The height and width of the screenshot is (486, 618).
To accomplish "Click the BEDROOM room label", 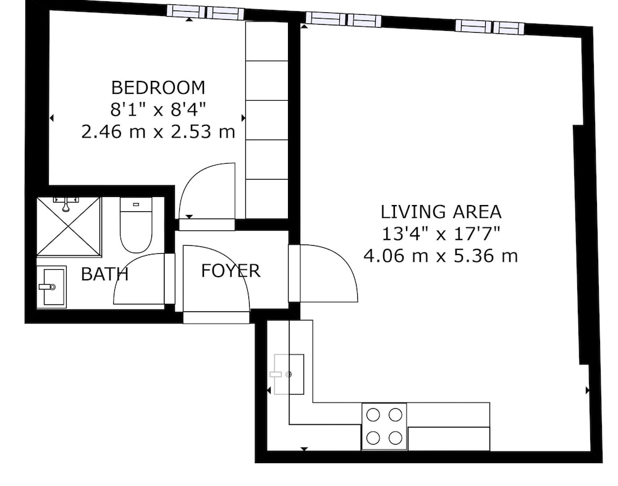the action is click(x=158, y=88).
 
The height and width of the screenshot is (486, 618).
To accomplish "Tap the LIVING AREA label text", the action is click(x=441, y=212).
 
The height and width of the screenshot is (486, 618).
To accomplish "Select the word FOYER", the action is click(x=231, y=271).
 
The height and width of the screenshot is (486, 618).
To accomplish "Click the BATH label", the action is click(x=104, y=274).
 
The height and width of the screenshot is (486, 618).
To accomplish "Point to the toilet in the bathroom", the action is click(x=136, y=225).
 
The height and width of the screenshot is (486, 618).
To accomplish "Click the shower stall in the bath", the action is click(x=69, y=227).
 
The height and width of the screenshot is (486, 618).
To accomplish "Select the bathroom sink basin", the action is click(x=51, y=287).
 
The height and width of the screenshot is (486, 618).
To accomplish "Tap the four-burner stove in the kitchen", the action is click(x=384, y=426).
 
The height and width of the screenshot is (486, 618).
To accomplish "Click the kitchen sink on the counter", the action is click(x=289, y=374).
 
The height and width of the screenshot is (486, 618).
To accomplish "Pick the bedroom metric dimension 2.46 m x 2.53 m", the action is click(x=158, y=132).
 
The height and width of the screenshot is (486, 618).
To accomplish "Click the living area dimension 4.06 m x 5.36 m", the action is click(x=440, y=256).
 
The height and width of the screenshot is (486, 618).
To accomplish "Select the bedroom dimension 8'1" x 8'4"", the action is click(x=158, y=109).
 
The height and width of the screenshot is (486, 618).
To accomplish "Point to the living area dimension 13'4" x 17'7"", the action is click(x=441, y=234).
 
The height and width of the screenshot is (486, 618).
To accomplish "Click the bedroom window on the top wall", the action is click(x=205, y=12).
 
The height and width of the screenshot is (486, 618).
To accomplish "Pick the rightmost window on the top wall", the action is click(x=490, y=27).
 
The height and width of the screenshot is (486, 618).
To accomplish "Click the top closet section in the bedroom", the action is click(x=267, y=41).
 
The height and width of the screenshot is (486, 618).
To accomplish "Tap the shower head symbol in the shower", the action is click(x=66, y=204).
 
